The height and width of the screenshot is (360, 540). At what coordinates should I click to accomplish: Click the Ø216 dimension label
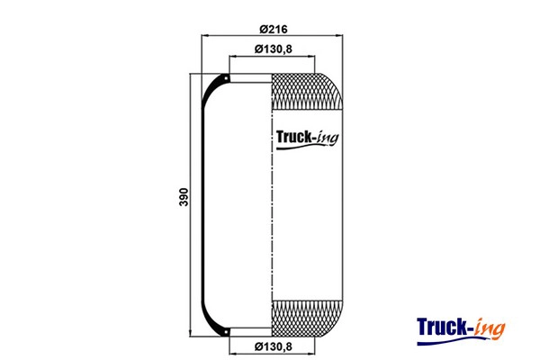[273, 30]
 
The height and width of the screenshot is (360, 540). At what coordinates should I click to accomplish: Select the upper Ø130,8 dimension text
[273, 49]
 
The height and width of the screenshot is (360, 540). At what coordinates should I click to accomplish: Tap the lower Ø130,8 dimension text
[273, 346]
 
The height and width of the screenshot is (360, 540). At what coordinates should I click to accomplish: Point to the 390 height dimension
[184, 197]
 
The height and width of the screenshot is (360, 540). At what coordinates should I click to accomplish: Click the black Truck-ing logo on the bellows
[307, 139]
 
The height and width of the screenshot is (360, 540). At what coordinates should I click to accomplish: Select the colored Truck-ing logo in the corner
[461, 330]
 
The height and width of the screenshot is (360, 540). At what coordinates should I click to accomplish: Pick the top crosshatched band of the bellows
[307, 92]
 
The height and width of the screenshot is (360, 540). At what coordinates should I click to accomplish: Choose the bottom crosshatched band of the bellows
[307, 319]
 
